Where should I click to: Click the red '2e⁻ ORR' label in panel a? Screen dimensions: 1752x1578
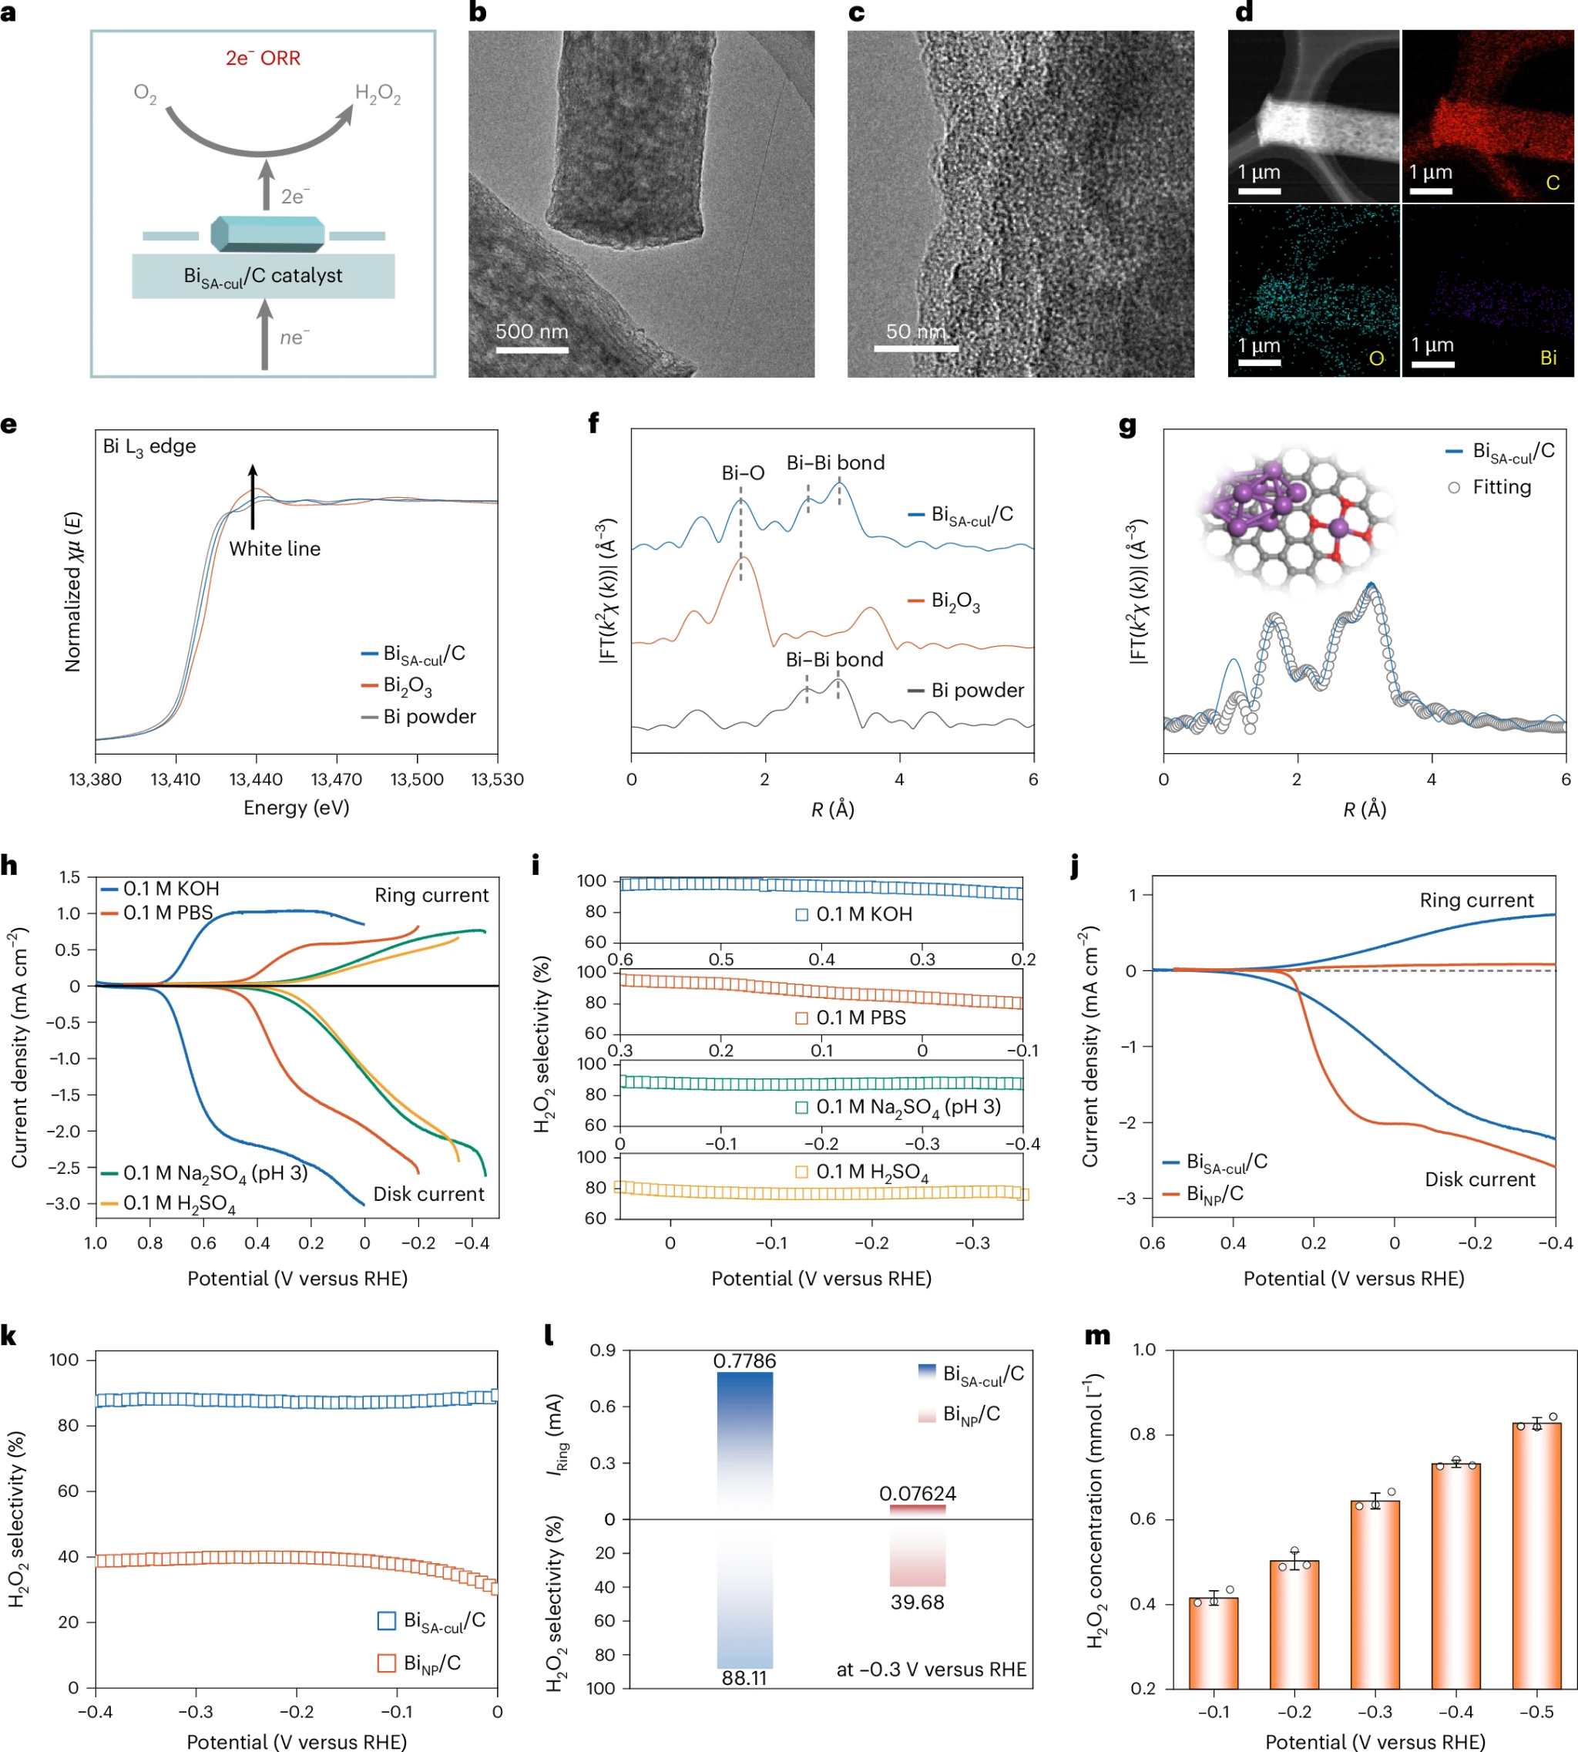tap(263, 58)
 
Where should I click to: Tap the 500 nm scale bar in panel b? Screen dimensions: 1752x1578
tap(532, 349)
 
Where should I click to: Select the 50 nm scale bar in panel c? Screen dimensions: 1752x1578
tap(915, 348)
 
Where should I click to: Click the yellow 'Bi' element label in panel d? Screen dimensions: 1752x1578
tap(1548, 358)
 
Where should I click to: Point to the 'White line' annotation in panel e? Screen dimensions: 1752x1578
tap(274, 548)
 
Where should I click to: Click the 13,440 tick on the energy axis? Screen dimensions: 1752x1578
tap(256, 778)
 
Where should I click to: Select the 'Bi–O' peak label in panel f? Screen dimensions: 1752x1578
tap(743, 472)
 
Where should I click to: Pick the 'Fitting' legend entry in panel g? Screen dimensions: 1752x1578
tap(1501, 486)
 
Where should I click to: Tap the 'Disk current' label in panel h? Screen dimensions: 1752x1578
tap(428, 1193)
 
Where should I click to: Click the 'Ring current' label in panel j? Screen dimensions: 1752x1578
tap(1476, 900)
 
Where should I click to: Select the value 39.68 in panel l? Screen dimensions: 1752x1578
tap(918, 1602)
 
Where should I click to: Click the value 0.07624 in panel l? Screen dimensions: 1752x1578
tap(918, 1494)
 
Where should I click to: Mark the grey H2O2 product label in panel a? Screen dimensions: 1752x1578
tap(378, 94)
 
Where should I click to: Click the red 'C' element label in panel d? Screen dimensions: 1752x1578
tap(1552, 183)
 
